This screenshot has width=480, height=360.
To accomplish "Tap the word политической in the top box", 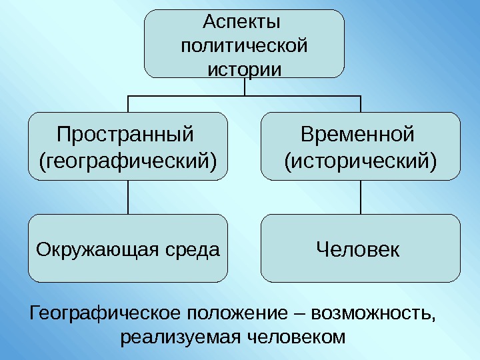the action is pyautogui.click(x=244, y=47).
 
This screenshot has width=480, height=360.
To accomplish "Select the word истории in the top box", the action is pyautogui.click(x=245, y=69).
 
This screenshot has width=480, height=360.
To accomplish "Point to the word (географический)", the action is pyautogui.click(x=129, y=161).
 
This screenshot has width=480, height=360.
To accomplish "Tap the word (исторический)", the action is pyautogui.click(x=361, y=161).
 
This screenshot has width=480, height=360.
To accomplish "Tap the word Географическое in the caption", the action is pyautogui.click(x=105, y=313).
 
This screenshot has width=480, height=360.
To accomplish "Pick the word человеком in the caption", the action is pyautogui.click(x=293, y=337).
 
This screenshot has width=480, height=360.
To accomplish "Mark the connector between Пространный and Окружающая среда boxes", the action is pyautogui.click(x=128, y=197).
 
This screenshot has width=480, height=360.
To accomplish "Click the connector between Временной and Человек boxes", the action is pyautogui.click(x=360, y=197).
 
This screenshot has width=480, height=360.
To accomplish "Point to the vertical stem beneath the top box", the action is pyautogui.click(x=245, y=87).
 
